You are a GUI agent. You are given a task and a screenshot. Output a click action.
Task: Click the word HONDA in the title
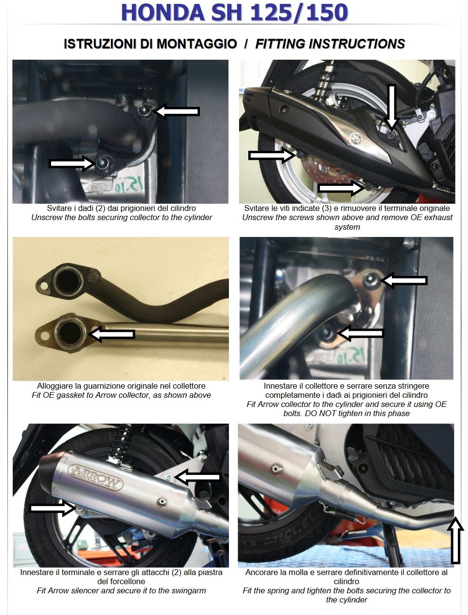point(163,13)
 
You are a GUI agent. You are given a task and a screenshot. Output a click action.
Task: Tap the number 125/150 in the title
point(299,13)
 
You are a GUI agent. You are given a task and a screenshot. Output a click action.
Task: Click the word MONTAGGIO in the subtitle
point(197,44)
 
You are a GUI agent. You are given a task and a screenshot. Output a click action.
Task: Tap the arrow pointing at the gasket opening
point(111,334)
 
